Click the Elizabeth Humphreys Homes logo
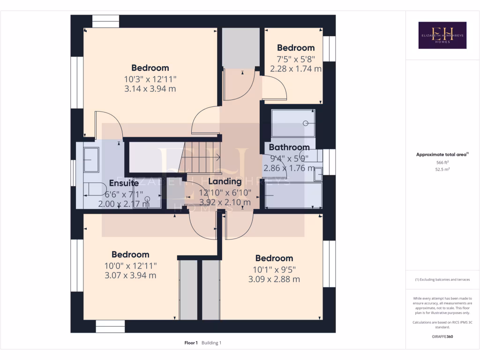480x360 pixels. click(x=442, y=35)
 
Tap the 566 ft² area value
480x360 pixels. click(x=442, y=162)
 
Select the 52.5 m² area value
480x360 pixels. click(x=442, y=170)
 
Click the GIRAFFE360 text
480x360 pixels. click(x=442, y=336)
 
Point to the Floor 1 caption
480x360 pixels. click(x=191, y=343)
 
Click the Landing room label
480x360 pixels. click(x=225, y=181)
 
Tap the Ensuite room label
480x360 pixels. click(x=124, y=183)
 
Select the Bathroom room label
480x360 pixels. click(x=289, y=147)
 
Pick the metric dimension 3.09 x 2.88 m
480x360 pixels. click(x=274, y=279)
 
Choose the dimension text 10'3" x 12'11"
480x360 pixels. click(x=150, y=79)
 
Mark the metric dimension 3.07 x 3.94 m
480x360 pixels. click(x=130, y=275)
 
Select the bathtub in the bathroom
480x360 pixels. click(x=293, y=195)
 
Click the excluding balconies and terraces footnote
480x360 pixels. click(x=442, y=279)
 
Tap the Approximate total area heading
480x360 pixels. click(x=442, y=154)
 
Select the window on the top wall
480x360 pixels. click(x=105, y=22)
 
